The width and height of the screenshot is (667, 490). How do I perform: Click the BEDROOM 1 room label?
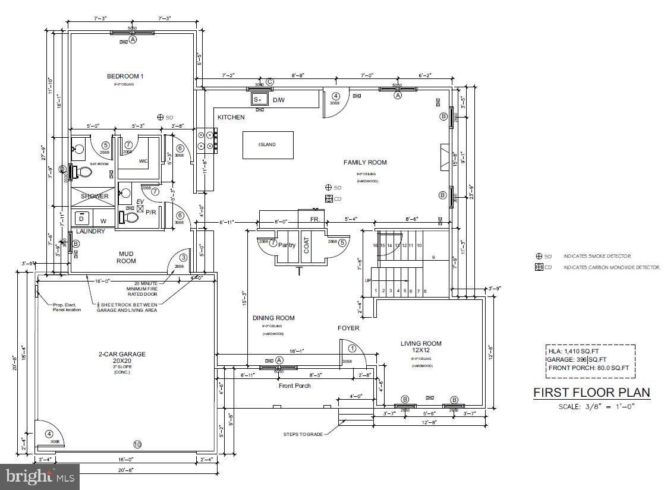click(x=125, y=76)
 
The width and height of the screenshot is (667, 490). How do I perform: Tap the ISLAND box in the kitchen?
click(x=267, y=145)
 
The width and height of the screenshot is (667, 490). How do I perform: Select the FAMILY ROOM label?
click(x=365, y=162)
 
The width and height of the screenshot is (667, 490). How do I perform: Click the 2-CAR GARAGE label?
click(x=122, y=355)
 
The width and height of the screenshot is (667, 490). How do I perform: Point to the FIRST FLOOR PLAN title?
click(x=591, y=393)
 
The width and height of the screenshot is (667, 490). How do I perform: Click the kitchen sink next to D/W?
click(x=259, y=99)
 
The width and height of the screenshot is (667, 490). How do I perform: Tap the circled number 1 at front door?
click(x=352, y=349)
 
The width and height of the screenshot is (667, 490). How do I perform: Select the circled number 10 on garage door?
click(x=137, y=444)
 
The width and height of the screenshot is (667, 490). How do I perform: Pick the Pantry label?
click(x=287, y=245)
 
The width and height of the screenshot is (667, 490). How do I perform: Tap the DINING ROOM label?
click(x=274, y=318)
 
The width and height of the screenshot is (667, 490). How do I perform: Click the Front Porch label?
click(x=295, y=385)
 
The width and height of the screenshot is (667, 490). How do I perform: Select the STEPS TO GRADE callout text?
click(x=303, y=434)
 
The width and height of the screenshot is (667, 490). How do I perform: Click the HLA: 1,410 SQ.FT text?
click(x=574, y=351)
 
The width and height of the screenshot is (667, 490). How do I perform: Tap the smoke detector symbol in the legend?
click(x=539, y=257)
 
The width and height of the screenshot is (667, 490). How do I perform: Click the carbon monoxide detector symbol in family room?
click(x=328, y=199)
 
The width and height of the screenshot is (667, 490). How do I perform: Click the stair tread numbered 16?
click(x=375, y=245)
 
